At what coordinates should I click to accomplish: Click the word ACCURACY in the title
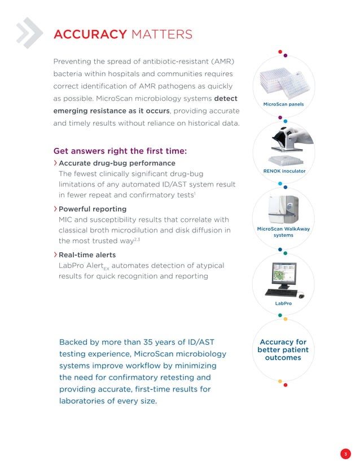pyautogui.click(x=89, y=35)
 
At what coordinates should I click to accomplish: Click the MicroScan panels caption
pyautogui.click(x=283, y=104)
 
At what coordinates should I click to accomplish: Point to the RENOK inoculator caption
pyautogui.click(x=284, y=170)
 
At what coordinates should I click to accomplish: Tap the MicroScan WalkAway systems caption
pyautogui.click(x=283, y=232)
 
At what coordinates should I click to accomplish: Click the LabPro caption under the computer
pyautogui.click(x=283, y=304)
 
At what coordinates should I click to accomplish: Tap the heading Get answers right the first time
pyautogui.click(x=120, y=151)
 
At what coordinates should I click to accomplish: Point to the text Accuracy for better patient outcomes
pyautogui.click(x=283, y=350)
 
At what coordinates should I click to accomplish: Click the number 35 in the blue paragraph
pyautogui.click(x=155, y=342)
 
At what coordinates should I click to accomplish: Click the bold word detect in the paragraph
pyautogui.click(x=226, y=98)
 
